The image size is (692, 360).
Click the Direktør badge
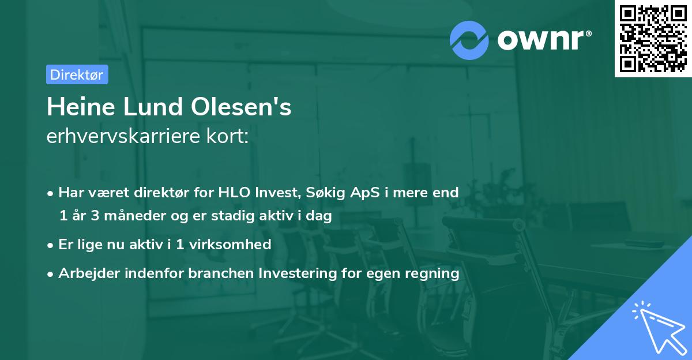click(x=77, y=74)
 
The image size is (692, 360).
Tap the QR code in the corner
click(x=653, y=39)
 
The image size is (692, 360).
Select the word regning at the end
click(x=434, y=273)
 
